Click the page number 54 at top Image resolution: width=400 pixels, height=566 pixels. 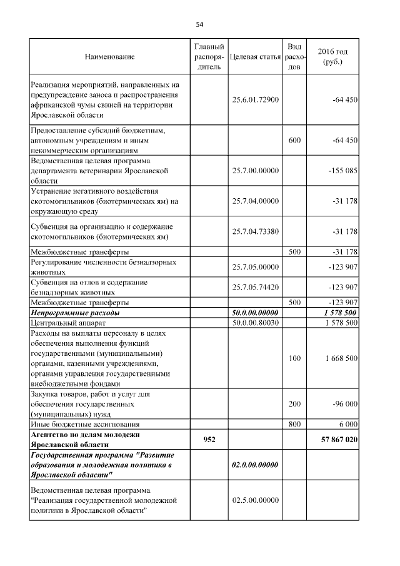pos(199,24)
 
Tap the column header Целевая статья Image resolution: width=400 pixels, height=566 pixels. pos(254,57)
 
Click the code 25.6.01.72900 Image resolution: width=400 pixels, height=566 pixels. pos(254,99)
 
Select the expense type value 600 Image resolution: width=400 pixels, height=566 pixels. pos(294,140)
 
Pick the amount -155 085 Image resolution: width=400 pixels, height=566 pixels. pos(341,170)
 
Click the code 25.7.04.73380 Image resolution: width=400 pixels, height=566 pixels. pos(254,231)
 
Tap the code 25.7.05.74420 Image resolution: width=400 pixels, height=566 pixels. pos(254,287)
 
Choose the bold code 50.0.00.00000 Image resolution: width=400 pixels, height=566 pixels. pos(254,311)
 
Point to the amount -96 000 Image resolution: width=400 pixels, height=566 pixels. pos(344,403)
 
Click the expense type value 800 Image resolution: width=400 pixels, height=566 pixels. pos(294,423)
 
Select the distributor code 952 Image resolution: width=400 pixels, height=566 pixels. pos(209,440)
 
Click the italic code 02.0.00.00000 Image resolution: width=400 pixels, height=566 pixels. pos(254,465)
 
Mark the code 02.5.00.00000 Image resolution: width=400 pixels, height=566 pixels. pos(254,500)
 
